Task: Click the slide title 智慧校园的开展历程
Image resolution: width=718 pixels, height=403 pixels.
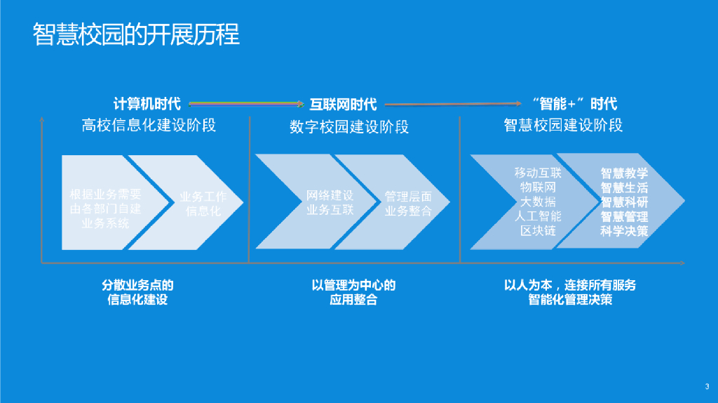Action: pyautogui.click(x=136, y=34)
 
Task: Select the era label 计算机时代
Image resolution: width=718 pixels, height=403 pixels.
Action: pyautogui.click(x=147, y=104)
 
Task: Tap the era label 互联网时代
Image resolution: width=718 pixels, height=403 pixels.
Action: pyautogui.click(x=343, y=105)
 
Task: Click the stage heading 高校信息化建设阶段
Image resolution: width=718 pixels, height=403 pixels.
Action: pyautogui.click(x=149, y=126)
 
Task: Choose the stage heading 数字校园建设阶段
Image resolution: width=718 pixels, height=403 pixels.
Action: pyautogui.click(x=348, y=127)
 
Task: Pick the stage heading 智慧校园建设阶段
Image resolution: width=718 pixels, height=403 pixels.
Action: pyautogui.click(x=563, y=126)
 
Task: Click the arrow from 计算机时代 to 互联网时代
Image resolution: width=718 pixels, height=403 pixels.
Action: pyautogui.click(x=245, y=104)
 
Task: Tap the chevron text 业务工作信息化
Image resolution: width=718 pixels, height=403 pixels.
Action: pyautogui.click(x=203, y=204)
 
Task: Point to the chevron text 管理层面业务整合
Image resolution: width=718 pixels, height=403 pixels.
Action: pyautogui.click(x=408, y=204)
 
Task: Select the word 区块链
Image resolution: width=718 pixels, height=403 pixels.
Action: pyautogui.click(x=538, y=231)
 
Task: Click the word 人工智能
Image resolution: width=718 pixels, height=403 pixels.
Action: pyautogui.click(x=538, y=216)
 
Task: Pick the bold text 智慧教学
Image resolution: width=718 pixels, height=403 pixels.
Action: pyautogui.click(x=624, y=173)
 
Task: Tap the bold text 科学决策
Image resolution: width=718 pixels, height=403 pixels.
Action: pyautogui.click(x=624, y=231)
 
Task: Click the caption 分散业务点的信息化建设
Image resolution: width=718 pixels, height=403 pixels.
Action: pyautogui.click(x=138, y=293)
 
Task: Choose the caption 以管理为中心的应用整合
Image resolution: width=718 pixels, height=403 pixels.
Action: pyautogui.click(x=353, y=293)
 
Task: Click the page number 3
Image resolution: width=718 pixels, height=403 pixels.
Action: pyautogui.click(x=707, y=386)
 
